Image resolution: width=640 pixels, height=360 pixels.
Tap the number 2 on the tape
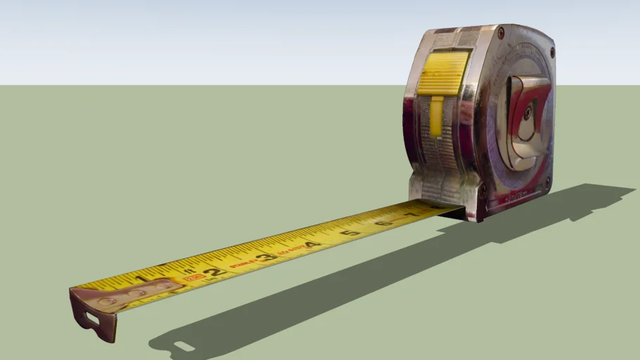click(x=213, y=270)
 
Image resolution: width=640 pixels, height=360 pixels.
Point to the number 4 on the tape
click(x=309, y=244)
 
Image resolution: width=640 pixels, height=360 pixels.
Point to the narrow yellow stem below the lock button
click(x=436, y=116)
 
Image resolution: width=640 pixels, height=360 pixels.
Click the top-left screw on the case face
click(x=501, y=32)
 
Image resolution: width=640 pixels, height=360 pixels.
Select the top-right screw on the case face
click(x=551, y=52)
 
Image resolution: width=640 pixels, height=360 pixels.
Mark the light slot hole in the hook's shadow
click(x=184, y=346)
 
